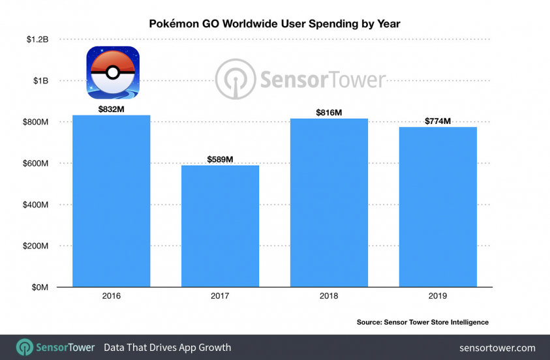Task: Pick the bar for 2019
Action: tap(438, 207)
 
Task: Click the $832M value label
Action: tap(111, 110)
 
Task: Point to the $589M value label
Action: tap(220, 159)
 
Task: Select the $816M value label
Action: tap(329, 113)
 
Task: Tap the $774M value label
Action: tap(438, 121)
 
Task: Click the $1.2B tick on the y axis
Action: tap(37, 40)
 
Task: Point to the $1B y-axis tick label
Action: tap(40, 81)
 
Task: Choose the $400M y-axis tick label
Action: tap(36, 205)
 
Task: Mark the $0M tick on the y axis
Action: tap(40, 287)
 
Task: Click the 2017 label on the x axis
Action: tap(220, 296)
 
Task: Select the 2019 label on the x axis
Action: tap(438, 296)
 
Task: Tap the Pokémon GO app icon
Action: tap(112, 72)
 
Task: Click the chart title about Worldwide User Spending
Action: tap(275, 23)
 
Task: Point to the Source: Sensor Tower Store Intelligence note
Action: tap(422, 322)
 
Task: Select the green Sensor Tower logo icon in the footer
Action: tap(25, 347)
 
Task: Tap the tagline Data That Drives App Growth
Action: tap(167, 348)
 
